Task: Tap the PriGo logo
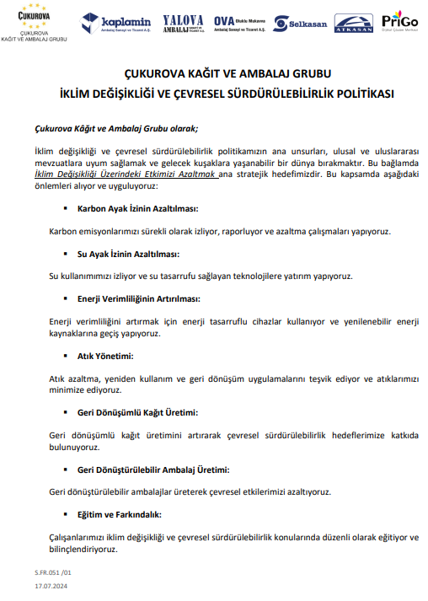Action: pyautogui.click(x=399, y=21)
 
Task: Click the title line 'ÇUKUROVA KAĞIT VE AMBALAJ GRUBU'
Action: pyautogui.click(x=214, y=74)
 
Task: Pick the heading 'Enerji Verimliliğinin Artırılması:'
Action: pyautogui.click(x=139, y=299)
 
